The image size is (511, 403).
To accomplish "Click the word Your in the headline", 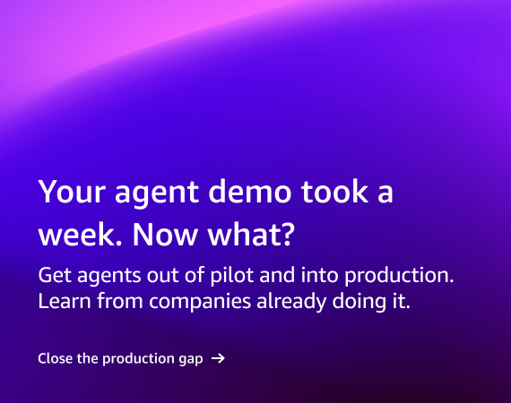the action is coord(72,192).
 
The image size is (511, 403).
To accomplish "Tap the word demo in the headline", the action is coord(249,191).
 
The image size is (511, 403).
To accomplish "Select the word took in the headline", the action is coord(334,191).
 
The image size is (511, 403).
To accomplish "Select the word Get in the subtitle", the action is coord(55,275).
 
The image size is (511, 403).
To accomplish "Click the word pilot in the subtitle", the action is coord(231,276).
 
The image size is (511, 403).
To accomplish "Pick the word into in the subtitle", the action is coord(320,275).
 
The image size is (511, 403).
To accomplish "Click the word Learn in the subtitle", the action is coord(65,301).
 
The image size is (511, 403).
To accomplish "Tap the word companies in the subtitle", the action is coord(200,302).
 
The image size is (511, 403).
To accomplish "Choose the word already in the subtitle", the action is coord(291,302).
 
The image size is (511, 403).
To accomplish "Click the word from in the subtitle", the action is coord(120,301).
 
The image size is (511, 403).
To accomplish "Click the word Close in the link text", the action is coord(55,358).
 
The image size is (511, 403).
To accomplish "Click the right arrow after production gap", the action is coord(218,358).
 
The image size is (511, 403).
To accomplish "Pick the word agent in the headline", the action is coord(157,193).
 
